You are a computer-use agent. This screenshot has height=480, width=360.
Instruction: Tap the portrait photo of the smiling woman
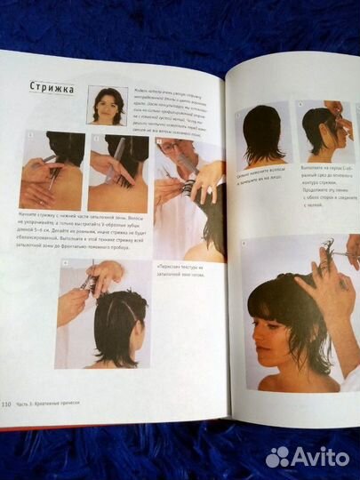(x=107, y=105)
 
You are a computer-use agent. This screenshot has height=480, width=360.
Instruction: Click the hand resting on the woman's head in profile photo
(x=320, y=289)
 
